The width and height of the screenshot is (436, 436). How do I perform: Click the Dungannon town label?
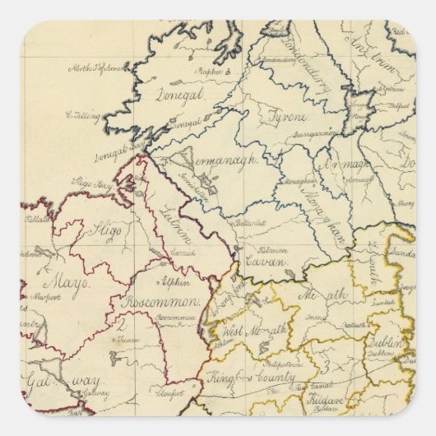pos(315,132)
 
